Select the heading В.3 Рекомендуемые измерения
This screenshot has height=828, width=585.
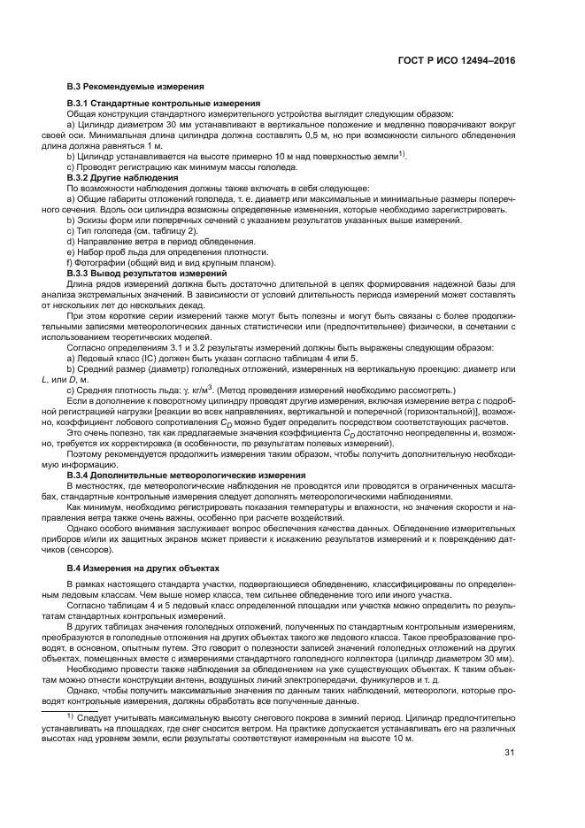(136, 86)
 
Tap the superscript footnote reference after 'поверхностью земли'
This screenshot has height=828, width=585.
(402, 154)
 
